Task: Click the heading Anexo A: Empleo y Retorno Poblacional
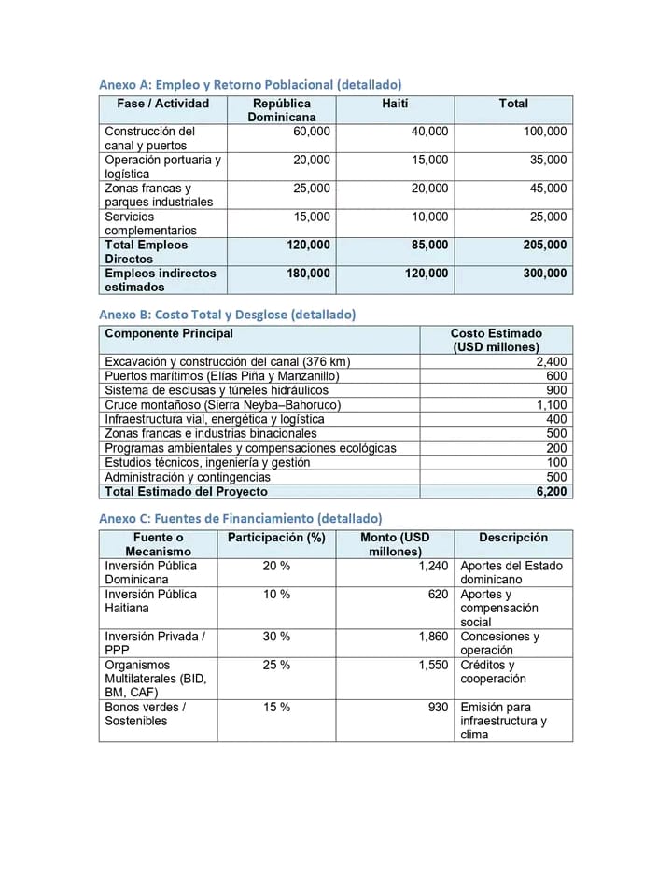(250, 84)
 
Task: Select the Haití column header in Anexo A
(395, 104)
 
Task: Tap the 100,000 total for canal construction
(545, 132)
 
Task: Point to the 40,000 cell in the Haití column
(429, 132)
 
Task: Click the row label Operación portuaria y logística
(162, 167)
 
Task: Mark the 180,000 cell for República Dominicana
(308, 274)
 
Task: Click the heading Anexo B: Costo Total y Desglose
(227, 315)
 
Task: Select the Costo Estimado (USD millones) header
(496, 340)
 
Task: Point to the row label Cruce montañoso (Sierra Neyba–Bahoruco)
(222, 405)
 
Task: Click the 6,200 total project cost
(552, 491)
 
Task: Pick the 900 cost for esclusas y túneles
(556, 390)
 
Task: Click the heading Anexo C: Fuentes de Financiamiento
(240, 518)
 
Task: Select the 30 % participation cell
(276, 637)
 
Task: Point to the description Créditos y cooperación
(493, 672)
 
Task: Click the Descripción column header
(513, 538)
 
